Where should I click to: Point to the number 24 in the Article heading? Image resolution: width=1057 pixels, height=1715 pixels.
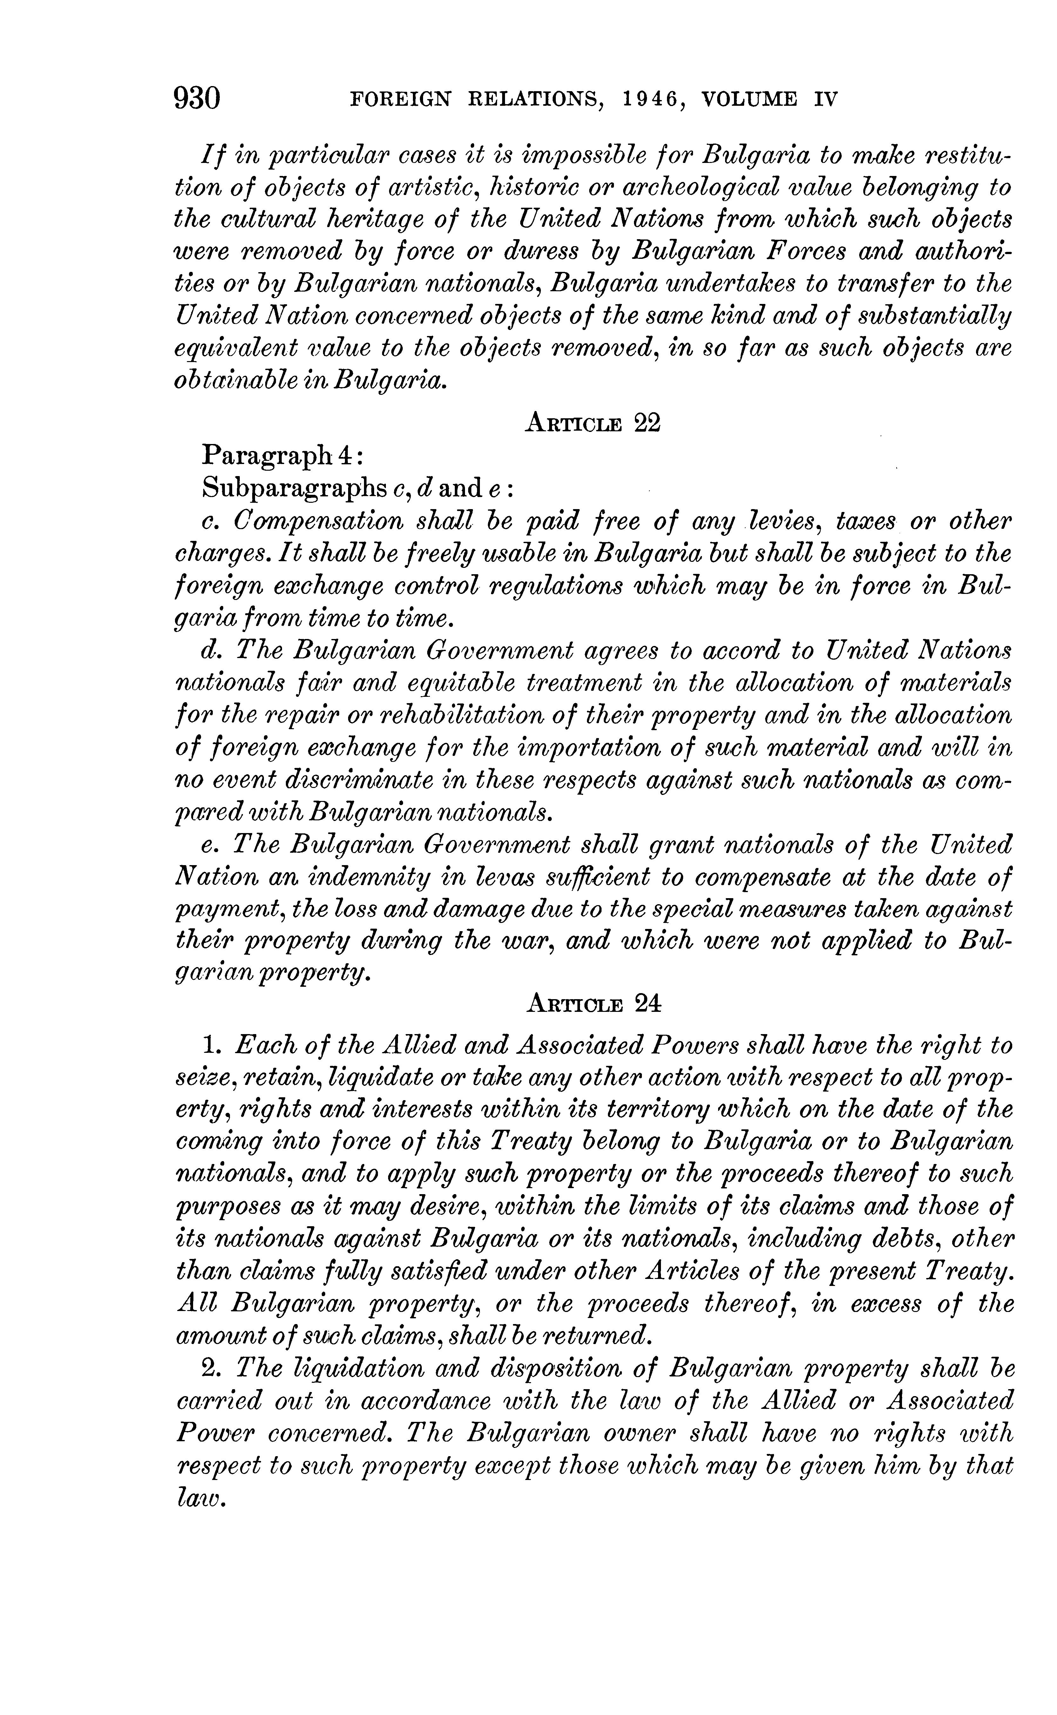[x=647, y=1004]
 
